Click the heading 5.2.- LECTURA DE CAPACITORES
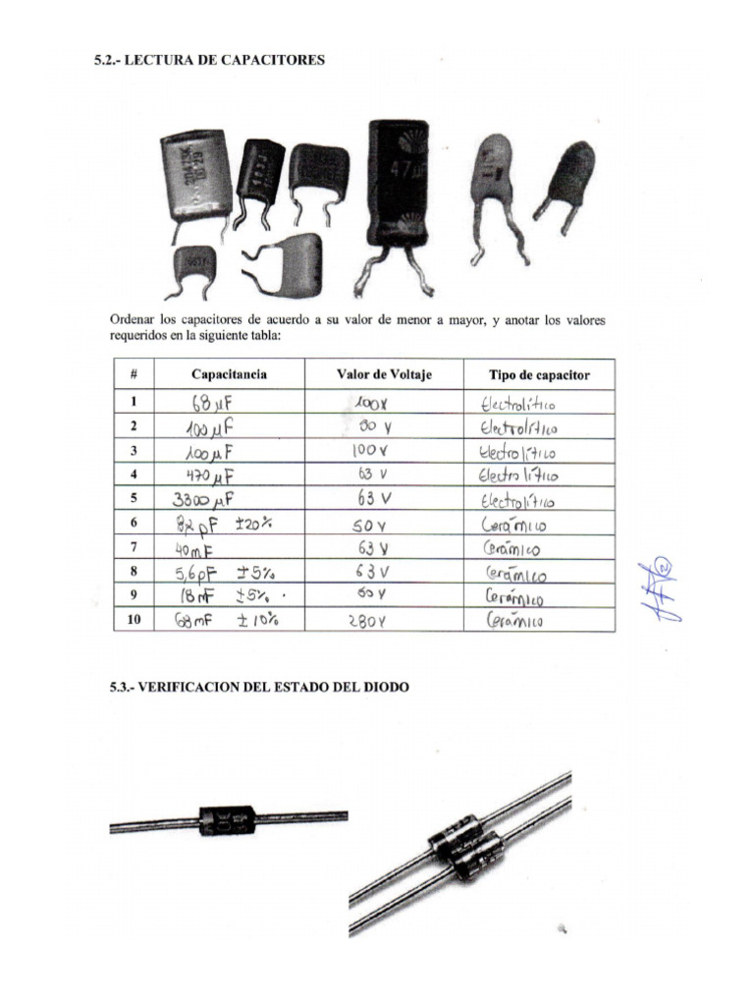(208, 60)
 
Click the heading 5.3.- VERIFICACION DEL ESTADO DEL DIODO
(259, 688)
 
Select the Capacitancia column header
(230, 374)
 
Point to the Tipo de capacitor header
(539, 375)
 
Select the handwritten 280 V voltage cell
(369, 621)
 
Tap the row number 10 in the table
(134, 619)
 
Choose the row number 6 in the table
(134, 523)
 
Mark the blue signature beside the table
(657, 590)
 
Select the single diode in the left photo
(228, 818)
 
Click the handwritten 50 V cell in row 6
(370, 526)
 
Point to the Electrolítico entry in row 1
(518, 403)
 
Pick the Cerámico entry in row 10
(514, 621)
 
